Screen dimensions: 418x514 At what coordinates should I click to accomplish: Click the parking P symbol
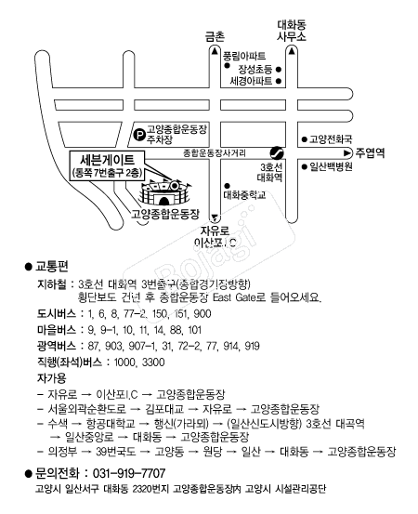(x=140, y=135)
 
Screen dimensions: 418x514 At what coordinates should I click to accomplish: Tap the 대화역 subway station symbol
(x=277, y=152)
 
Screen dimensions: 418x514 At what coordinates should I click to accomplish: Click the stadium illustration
(x=164, y=192)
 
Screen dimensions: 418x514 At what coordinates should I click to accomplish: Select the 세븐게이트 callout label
(x=107, y=165)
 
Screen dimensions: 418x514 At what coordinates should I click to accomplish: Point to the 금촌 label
(x=215, y=36)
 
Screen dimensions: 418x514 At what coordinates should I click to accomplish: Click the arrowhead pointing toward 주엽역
(x=346, y=152)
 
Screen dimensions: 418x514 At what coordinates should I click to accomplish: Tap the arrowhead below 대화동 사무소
(x=292, y=51)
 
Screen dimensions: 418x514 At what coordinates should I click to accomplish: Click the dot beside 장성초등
(x=278, y=69)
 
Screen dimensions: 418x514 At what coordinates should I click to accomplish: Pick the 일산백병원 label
(x=332, y=166)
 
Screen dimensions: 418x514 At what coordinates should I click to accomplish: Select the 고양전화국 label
(x=331, y=139)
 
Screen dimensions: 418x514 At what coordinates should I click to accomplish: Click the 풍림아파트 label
(x=244, y=56)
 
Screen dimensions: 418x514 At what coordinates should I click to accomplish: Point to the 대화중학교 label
(x=244, y=195)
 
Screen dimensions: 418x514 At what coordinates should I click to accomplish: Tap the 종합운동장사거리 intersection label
(x=215, y=152)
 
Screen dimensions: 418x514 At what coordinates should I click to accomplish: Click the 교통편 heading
(x=51, y=267)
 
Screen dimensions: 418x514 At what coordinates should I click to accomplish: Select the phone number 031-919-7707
(x=129, y=473)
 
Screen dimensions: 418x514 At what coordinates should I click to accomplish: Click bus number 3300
(x=153, y=362)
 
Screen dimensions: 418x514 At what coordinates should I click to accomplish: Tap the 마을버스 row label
(x=57, y=330)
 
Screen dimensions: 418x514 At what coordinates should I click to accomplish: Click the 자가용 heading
(x=51, y=378)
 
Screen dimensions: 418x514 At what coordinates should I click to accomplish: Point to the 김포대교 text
(x=164, y=409)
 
